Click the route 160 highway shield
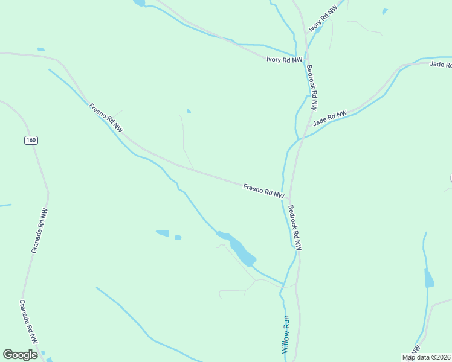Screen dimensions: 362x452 [x=31, y=140]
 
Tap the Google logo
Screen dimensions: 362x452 [x=20, y=355]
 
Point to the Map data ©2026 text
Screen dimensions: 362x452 [x=427, y=357]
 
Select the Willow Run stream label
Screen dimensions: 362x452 [x=286, y=335]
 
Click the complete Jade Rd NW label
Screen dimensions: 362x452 [x=330, y=118]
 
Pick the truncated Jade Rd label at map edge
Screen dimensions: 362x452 [x=441, y=64]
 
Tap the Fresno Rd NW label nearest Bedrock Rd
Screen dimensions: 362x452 [x=263, y=191]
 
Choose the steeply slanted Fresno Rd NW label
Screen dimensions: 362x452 [x=106, y=118]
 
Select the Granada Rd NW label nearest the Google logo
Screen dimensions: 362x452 [x=28, y=323]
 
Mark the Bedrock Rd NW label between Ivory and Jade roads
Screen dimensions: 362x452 [x=312, y=87]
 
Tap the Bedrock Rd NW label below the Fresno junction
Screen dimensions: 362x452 [x=294, y=228]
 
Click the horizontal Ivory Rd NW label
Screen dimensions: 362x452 [x=284, y=59]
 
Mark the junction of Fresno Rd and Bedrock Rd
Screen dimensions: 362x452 [x=290, y=198]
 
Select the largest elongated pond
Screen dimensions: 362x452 [x=241, y=250]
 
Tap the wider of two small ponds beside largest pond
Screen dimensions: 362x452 [x=162, y=233]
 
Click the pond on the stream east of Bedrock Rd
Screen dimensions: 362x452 [x=429, y=279]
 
